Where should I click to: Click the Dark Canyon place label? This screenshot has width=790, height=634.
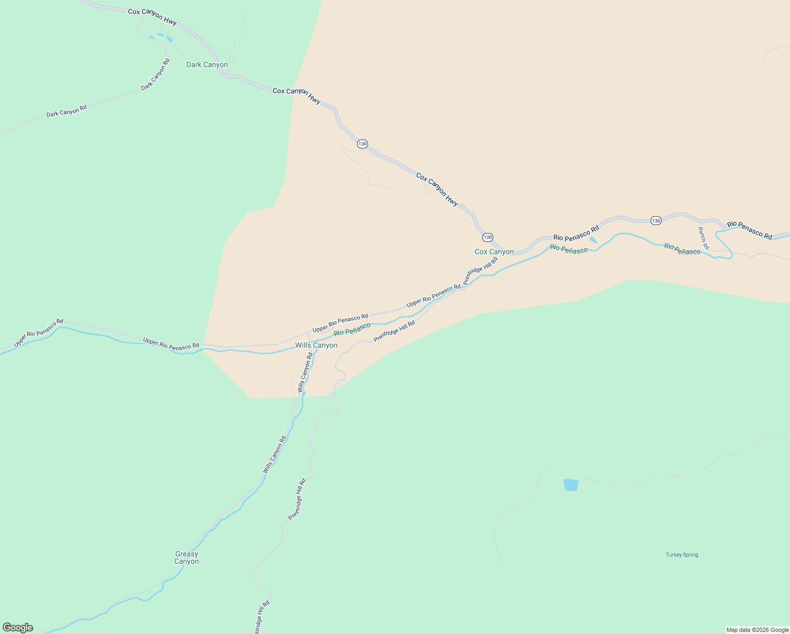point(207,65)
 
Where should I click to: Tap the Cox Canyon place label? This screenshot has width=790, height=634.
point(494,252)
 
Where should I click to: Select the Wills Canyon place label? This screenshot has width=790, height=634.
point(316,346)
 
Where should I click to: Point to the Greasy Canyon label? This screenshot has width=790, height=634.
point(186,558)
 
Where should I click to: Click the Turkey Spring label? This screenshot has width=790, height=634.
point(682,555)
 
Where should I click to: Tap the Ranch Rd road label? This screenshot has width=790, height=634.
point(703,238)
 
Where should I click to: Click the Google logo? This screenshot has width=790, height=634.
point(18,628)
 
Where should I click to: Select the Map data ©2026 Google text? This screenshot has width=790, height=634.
point(757,630)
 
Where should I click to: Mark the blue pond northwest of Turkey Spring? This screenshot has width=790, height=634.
point(571,485)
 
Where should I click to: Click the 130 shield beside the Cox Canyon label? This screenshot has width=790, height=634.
point(487,237)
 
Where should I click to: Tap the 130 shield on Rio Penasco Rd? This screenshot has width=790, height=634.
point(656,220)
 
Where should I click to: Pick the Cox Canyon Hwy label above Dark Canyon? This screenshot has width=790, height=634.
point(152,16)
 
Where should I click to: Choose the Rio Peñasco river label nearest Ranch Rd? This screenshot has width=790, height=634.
point(682,249)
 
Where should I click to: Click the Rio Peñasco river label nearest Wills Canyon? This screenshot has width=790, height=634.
point(352,329)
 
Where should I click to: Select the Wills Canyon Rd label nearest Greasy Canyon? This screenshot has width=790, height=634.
point(275,454)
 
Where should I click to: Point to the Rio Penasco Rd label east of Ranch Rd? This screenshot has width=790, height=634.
point(749,230)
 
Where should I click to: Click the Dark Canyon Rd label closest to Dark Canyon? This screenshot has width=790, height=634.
point(156,74)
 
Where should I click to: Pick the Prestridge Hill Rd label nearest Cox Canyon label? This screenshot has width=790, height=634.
point(480,271)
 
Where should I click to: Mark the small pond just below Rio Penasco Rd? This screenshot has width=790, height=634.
point(593,240)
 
